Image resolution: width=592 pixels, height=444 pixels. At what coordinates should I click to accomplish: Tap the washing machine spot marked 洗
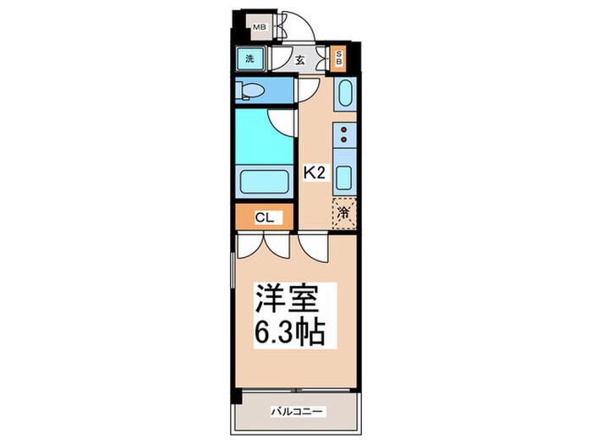(x=249, y=59)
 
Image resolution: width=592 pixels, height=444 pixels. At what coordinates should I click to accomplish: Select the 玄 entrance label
(x=300, y=60)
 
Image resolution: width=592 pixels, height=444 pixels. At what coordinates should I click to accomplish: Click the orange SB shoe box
(x=340, y=59)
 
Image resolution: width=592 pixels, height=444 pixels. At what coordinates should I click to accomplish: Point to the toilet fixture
(x=254, y=90)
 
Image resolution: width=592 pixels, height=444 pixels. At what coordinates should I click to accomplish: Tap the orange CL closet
(x=264, y=217)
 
